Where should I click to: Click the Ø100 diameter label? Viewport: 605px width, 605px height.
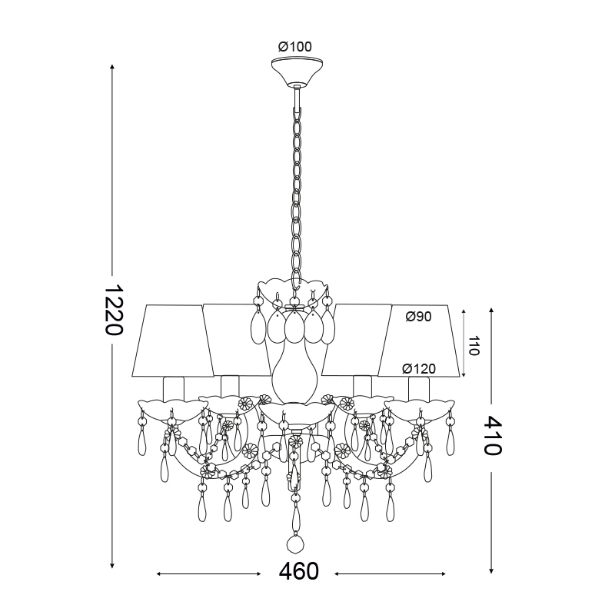point(294,47)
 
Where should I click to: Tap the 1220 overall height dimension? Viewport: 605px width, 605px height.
point(114,311)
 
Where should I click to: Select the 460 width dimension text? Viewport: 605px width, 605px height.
point(298,571)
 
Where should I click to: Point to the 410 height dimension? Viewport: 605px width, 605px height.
point(492,436)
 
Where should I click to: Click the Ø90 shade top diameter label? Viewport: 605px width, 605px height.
point(418,317)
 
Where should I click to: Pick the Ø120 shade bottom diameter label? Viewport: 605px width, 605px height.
point(419,369)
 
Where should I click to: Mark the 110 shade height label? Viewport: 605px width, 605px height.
point(474,346)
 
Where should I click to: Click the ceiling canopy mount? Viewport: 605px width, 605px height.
point(297,71)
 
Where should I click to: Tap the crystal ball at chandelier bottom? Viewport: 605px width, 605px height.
point(296,544)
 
